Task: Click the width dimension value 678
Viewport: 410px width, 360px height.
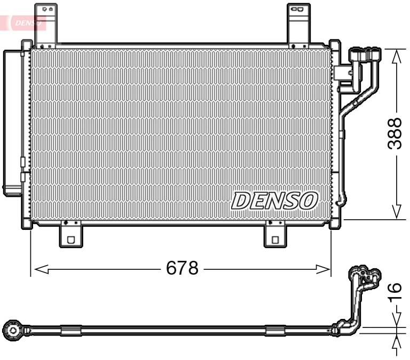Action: tap(182, 268)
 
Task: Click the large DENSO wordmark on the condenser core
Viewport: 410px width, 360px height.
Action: tap(275, 201)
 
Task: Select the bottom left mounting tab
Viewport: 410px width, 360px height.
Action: tap(70, 235)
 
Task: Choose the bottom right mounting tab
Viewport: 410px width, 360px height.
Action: tap(275, 235)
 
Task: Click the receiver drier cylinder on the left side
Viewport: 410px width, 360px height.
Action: tap(12, 123)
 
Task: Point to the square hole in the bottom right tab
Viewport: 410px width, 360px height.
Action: tap(275, 239)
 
